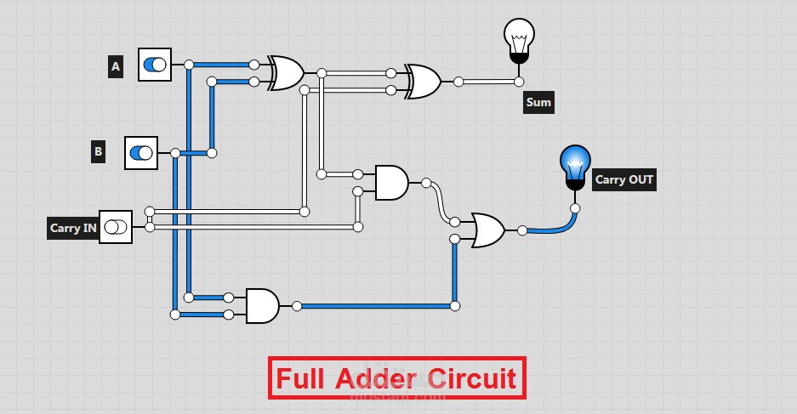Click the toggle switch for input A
(155, 65)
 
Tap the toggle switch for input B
(141, 153)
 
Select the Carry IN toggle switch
(116, 227)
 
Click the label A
(115, 66)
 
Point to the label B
(99, 153)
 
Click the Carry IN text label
(73, 228)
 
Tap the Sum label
(538, 103)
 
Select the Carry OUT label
(624, 179)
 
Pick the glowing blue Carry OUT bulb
(575, 164)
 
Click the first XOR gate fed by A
(287, 73)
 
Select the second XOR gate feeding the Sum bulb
(423, 82)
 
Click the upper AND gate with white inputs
(390, 182)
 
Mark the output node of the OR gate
(522, 230)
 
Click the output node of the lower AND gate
(297, 306)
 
